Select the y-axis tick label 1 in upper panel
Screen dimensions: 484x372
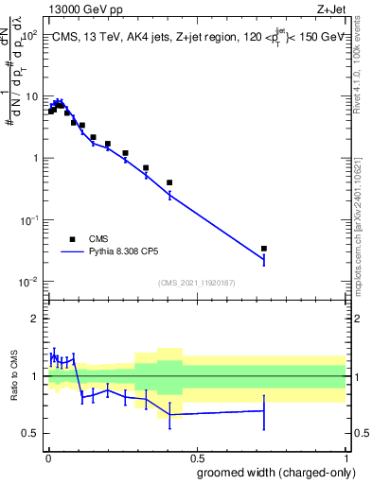pyautogui.click(x=34, y=158)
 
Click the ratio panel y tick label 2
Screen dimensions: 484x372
pyautogui.click(x=36, y=319)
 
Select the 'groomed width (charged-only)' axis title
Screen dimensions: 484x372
pyautogui.click(x=271, y=472)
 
